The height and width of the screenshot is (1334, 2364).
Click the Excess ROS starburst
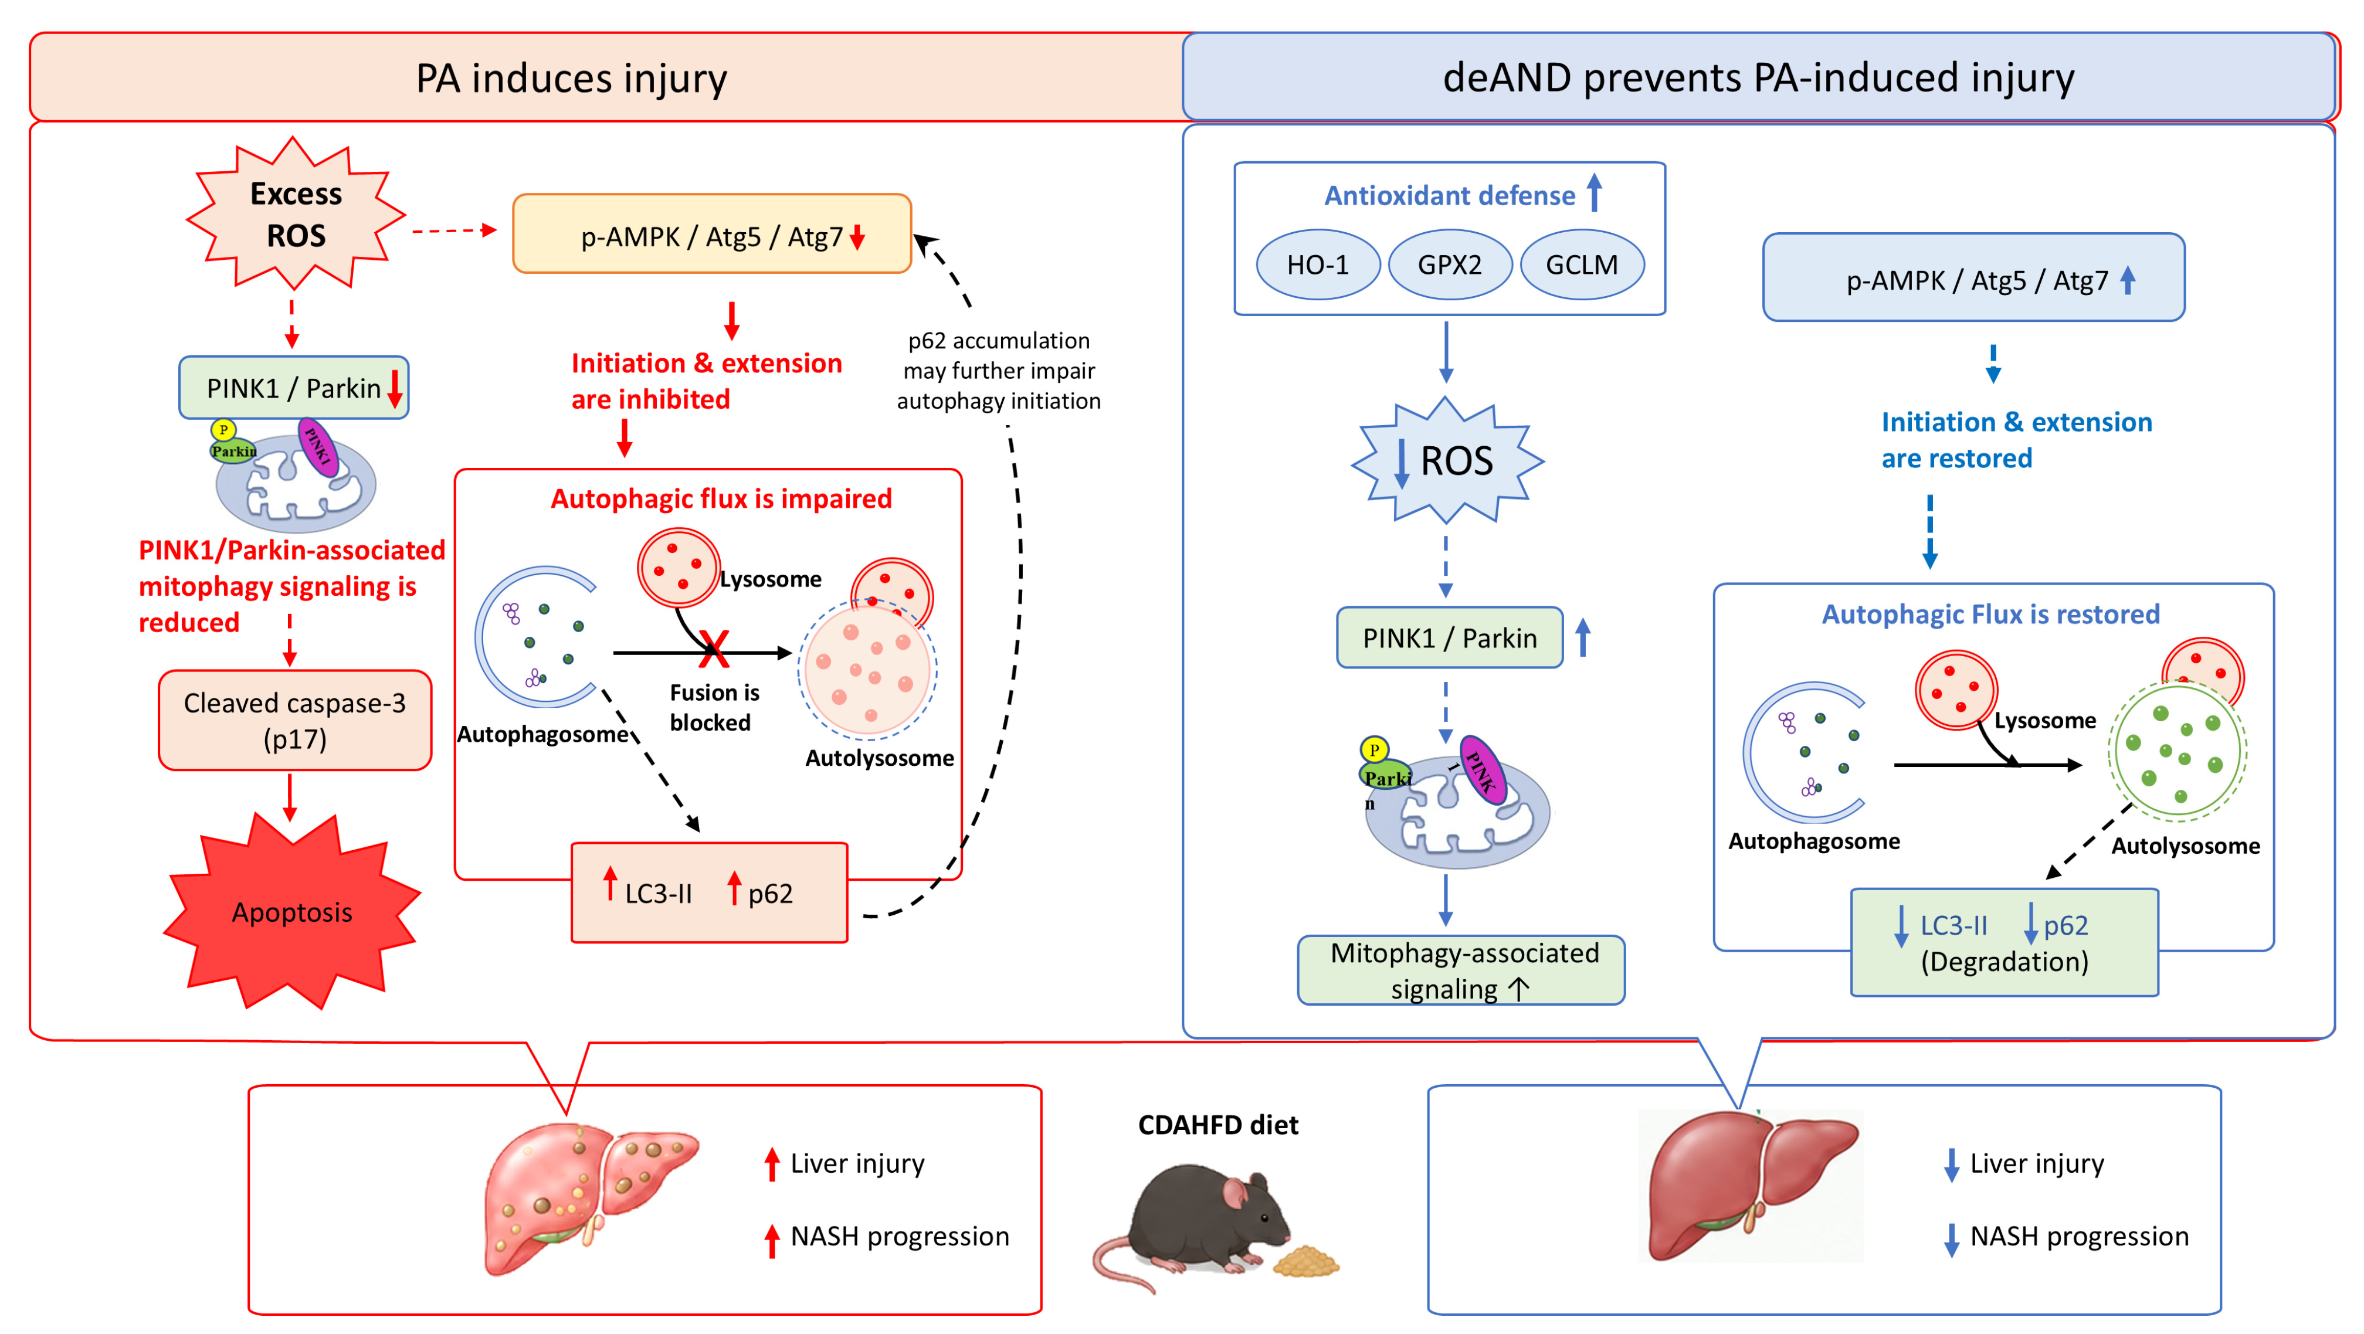pyautogui.click(x=296, y=214)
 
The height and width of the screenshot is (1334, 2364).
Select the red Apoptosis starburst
pyautogui.click(x=292, y=911)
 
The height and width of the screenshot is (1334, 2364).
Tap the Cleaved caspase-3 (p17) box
pyautogui.click(x=294, y=720)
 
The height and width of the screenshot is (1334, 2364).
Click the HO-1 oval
pyautogui.click(x=1318, y=264)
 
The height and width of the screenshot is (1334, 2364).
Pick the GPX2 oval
pyautogui.click(x=1450, y=264)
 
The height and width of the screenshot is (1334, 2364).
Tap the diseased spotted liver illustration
pyautogui.click(x=587, y=1197)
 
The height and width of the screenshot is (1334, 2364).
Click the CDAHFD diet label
pyautogui.click(x=1218, y=1125)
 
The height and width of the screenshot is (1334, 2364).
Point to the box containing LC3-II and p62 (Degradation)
pyautogui.click(x=2005, y=942)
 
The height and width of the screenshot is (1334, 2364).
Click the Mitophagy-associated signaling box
pyautogui.click(x=1461, y=970)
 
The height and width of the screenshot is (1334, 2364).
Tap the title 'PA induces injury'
pyautogui.click(x=572, y=78)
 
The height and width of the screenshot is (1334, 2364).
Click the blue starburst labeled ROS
pyautogui.click(x=1448, y=460)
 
